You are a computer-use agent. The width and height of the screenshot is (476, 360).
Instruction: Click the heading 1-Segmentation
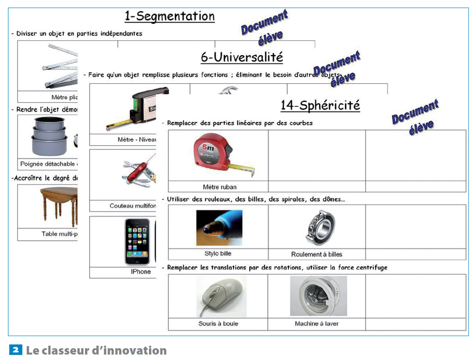(169, 17)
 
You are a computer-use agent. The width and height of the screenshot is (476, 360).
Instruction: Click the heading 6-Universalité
(242, 58)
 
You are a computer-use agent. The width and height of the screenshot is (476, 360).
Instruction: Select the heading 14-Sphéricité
(320, 105)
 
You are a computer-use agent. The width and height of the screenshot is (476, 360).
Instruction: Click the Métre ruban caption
(219, 187)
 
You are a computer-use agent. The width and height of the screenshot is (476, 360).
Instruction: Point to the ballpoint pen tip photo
(219, 228)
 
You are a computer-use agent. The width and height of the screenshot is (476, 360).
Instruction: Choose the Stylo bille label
(218, 254)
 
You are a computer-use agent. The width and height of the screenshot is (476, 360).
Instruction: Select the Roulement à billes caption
(317, 254)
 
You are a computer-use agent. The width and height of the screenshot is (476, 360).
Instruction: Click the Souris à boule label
(218, 324)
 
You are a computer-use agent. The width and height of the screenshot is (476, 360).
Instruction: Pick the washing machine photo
(317, 296)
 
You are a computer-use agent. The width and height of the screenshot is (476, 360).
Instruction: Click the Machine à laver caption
(317, 324)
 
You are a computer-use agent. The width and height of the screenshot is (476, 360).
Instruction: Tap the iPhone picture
(137, 241)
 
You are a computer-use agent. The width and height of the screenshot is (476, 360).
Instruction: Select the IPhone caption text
(141, 272)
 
